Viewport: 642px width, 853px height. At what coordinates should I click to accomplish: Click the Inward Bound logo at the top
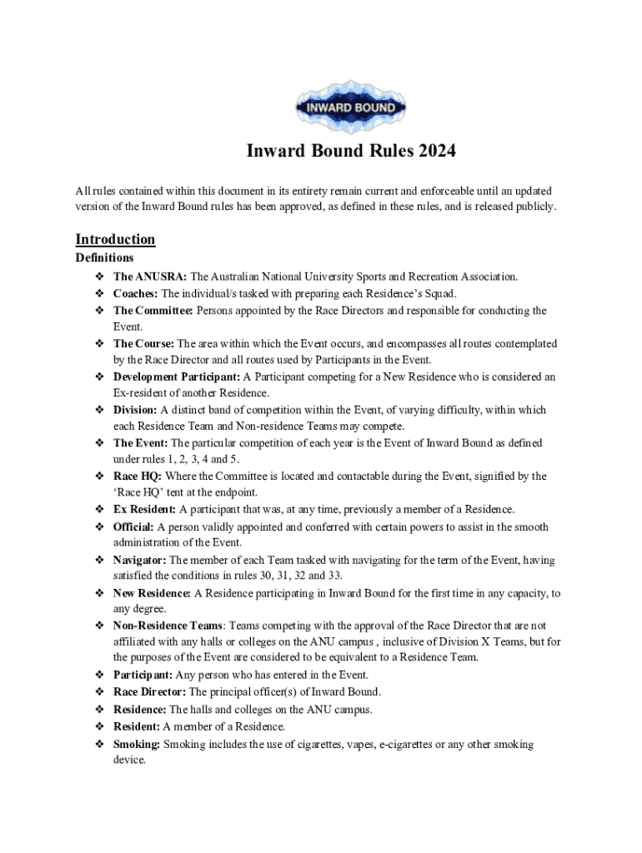(x=344, y=107)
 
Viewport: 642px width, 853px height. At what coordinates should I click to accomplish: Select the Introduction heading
(x=115, y=240)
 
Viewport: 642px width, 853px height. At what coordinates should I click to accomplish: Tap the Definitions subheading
(x=104, y=258)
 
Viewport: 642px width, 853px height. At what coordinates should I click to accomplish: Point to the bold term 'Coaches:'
(x=136, y=293)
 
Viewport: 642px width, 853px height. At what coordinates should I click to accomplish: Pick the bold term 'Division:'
(x=135, y=410)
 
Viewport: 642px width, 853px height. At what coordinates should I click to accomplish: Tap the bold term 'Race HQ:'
(x=138, y=476)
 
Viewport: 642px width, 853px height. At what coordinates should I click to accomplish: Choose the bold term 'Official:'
(x=134, y=527)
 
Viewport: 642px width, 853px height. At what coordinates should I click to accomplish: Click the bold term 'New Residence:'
(x=153, y=594)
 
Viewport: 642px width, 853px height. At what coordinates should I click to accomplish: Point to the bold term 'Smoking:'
(x=138, y=744)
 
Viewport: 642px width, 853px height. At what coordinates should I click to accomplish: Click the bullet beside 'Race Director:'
(x=97, y=692)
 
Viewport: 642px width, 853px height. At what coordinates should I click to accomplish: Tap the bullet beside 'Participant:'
(x=97, y=675)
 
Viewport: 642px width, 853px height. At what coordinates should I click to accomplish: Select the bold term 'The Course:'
(x=144, y=343)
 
